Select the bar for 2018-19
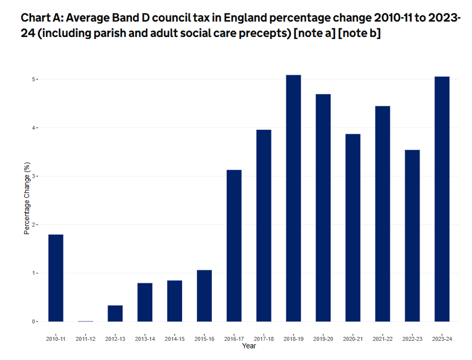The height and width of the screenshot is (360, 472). [x=293, y=198]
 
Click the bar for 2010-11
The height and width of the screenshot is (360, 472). [x=56, y=278]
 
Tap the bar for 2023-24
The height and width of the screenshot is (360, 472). [x=442, y=199]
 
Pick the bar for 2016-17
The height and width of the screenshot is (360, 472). [x=234, y=245]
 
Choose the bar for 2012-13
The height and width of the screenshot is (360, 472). [x=115, y=313]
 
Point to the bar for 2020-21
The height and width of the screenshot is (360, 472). [x=353, y=228]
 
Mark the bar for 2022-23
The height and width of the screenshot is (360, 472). [x=412, y=235]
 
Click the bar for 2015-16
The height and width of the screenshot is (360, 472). [x=204, y=296]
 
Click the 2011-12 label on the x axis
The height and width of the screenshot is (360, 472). [x=85, y=339]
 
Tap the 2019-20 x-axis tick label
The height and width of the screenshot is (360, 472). [x=323, y=339]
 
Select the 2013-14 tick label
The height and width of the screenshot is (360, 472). [x=145, y=339]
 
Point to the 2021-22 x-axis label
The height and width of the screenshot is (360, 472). [x=382, y=339]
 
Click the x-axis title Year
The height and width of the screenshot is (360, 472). [x=249, y=346]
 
